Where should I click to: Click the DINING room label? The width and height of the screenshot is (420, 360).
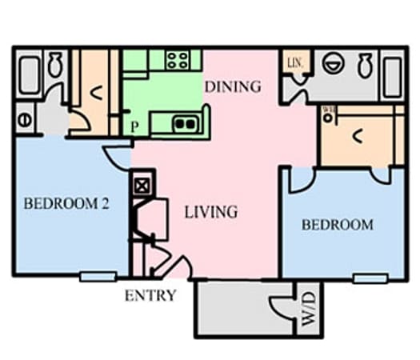[233, 86]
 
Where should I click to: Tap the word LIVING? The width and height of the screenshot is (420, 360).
[211, 212]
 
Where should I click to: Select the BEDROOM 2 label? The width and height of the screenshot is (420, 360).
[66, 203]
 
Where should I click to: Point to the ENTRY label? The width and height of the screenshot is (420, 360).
[150, 295]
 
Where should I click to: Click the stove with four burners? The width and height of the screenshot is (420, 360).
[178, 60]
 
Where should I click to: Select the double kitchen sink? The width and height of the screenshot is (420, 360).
[186, 123]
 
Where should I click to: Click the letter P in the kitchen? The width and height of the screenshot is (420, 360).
[134, 126]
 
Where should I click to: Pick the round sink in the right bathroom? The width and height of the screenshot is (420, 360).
[332, 63]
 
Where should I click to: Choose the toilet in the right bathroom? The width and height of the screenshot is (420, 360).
[365, 65]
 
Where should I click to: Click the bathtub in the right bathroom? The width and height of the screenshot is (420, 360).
[392, 74]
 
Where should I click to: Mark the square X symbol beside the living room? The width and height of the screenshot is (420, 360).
[142, 185]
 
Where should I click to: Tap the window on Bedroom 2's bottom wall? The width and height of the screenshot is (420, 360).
[98, 277]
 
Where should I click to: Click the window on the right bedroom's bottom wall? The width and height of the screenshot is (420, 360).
[370, 278]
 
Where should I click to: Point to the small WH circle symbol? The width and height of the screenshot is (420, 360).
[328, 118]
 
